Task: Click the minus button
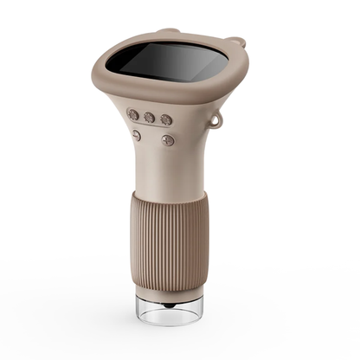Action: [137, 135]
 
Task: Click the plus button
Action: [168, 139]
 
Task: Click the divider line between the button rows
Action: [152, 128]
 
